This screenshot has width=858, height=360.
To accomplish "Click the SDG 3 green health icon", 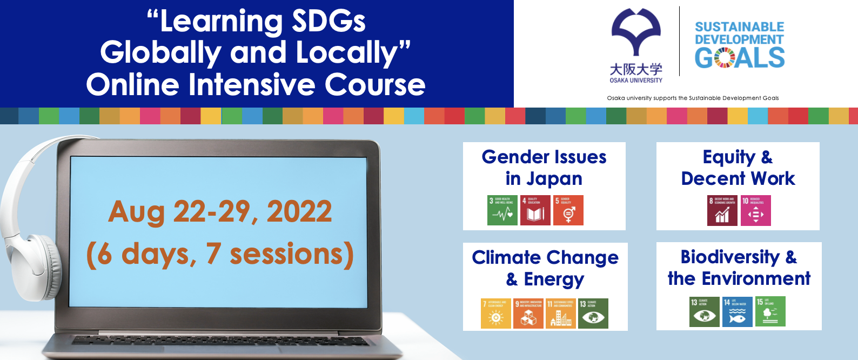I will click(502, 210).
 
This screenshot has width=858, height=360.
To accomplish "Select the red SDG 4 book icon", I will click(535, 210).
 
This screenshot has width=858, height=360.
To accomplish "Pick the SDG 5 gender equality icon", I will click(568, 210).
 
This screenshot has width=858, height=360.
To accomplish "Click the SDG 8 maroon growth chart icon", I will click(722, 210).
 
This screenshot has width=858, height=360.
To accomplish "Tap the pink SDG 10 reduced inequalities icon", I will click(756, 210).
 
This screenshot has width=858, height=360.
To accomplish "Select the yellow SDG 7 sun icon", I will click(496, 314).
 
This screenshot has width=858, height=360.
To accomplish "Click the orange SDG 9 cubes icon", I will click(528, 314).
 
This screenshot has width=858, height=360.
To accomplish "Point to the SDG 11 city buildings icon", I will click(561, 314).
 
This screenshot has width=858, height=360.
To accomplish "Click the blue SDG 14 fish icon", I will click(738, 311).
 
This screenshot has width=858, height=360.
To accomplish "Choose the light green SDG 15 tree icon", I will click(770, 311).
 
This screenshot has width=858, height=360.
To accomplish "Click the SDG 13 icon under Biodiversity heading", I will click(705, 311).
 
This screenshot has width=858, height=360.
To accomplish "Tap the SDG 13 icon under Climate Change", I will click(593, 314).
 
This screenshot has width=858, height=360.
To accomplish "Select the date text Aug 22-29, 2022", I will click(220, 211).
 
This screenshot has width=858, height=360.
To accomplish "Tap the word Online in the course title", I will click(132, 85).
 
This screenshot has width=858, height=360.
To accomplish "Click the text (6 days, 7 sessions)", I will click(220, 254).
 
